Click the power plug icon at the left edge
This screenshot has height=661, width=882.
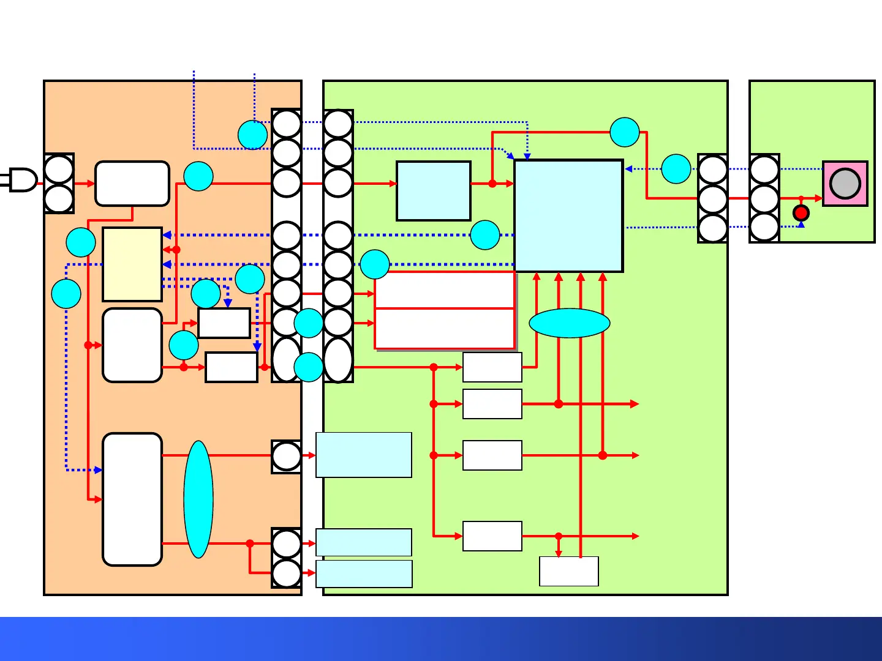[x=22, y=180]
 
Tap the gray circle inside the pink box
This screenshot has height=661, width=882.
[x=845, y=184]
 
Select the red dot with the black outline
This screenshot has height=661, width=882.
[x=801, y=213]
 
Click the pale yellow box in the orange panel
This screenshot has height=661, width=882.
[x=132, y=264]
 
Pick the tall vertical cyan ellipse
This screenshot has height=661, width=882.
[x=198, y=499]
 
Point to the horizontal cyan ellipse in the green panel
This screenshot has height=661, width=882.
[x=570, y=323]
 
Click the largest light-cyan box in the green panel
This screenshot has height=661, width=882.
[x=569, y=216]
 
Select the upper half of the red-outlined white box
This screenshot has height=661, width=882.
[x=445, y=290]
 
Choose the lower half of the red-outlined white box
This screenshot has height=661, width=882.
[x=445, y=329]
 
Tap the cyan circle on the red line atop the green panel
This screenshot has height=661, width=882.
[x=625, y=132]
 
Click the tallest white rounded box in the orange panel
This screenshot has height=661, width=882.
[x=132, y=499]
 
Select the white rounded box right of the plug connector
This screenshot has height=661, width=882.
[x=132, y=184]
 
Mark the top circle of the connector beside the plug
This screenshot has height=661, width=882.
[x=59, y=170]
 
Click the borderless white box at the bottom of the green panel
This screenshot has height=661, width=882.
[x=569, y=571]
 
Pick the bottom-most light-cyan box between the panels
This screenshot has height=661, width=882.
[x=364, y=574]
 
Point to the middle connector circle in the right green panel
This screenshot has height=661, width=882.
[x=764, y=198]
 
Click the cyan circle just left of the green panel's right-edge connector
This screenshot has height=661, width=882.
[x=676, y=169]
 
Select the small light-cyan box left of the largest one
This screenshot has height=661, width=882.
[x=434, y=191]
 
